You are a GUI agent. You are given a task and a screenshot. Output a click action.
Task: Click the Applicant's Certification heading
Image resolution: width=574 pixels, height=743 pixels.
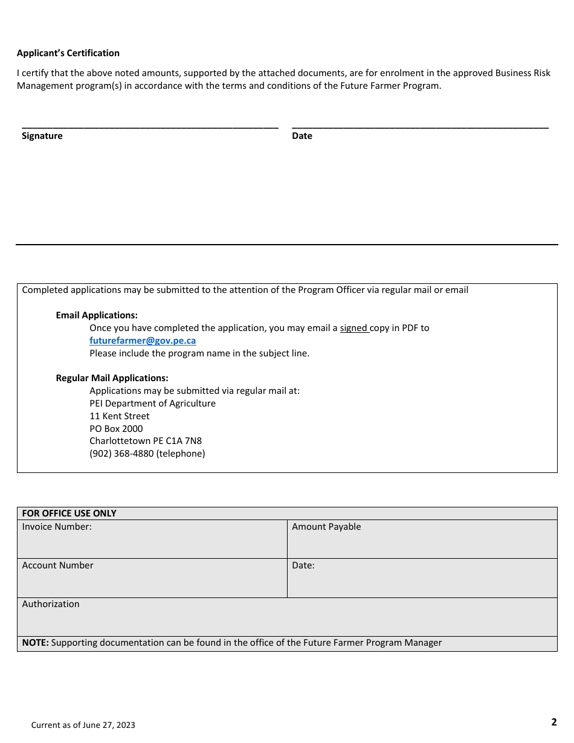(68, 53)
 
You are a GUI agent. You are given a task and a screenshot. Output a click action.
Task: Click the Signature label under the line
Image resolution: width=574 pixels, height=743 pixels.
(42, 136)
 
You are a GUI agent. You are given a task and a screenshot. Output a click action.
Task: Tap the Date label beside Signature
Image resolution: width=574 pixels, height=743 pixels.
(302, 136)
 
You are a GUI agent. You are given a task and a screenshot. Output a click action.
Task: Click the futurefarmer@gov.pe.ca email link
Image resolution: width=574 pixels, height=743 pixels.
(143, 341)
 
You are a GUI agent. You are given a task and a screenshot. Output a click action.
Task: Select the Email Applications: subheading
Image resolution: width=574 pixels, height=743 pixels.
(97, 315)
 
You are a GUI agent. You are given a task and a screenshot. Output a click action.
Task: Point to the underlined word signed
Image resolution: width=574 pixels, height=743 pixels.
(353, 328)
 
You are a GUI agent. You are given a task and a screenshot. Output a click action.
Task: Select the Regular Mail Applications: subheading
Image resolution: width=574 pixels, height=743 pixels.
(112, 378)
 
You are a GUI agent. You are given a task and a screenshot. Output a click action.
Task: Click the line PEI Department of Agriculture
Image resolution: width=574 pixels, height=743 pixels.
(152, 404)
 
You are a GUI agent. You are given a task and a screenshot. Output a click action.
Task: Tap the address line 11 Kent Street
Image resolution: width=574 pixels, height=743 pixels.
(120, 416)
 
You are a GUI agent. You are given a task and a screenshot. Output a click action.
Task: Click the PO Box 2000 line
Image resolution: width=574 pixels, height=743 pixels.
(116, 429)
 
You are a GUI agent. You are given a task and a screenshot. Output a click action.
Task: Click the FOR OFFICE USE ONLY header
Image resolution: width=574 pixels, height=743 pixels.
(69, 513)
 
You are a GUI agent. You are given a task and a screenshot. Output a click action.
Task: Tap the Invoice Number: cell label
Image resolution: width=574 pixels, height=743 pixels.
(57, 527)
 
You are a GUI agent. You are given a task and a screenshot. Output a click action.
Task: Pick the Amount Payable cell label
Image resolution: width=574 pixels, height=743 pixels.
(326, 527)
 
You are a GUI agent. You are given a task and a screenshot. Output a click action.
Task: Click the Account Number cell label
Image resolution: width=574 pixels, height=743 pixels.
(58, 565)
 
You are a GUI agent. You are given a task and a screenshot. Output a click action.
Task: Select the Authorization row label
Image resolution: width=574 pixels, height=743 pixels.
(51, 604)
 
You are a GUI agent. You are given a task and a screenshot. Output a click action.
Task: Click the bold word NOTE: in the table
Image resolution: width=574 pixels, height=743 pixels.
(36, 643)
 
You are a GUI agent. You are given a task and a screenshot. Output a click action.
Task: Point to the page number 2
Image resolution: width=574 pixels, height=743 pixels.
(553, 722)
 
